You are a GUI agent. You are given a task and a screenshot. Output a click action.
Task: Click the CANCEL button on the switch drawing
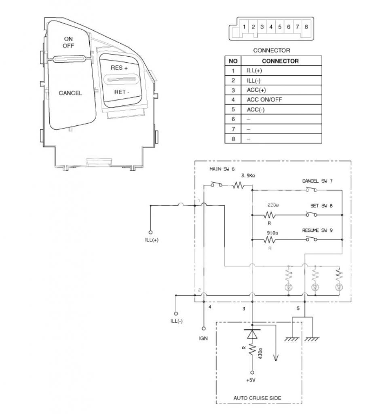click(x=70, y=93)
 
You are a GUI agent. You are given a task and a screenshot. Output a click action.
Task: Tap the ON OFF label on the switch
click(x=68, y=42)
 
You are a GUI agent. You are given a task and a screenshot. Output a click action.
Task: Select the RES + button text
click(x=119, y=68)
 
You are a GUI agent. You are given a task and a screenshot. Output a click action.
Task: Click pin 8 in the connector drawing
click(x=306, y=27)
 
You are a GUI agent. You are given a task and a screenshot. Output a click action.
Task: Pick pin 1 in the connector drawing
click(x=245, y=27)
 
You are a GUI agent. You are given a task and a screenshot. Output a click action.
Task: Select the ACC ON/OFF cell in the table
click(x=265, y=99)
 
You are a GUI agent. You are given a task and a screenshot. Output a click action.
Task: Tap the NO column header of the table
click(x=233, y=61)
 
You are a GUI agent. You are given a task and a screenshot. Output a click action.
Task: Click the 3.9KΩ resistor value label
click(x=248, y=176)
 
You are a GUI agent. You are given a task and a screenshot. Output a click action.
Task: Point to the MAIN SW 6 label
click(x=222, y=169)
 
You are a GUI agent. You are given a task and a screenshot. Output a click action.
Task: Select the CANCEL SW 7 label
click(x=317, y=181)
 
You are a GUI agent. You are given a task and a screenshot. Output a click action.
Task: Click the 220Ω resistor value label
click(x=273, y=205)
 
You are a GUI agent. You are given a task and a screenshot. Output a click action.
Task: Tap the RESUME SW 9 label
click(x=317, y=230)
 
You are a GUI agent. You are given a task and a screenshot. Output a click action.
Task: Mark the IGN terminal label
click(x=203, y=338)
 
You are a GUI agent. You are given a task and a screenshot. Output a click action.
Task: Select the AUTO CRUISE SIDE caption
click(x=257, y=398)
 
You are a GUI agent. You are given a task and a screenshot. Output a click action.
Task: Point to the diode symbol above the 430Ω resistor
click(x=252, y=334)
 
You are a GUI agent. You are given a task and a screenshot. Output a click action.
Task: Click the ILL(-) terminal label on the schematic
click(x=176, y=321)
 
